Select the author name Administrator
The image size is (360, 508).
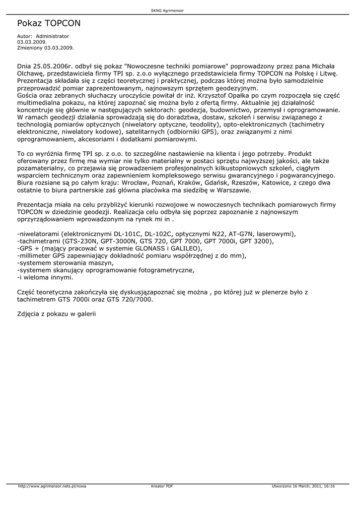tap(53, 36)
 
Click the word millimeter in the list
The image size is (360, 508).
tap(36, 255)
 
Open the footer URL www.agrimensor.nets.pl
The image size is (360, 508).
tap(52, 486)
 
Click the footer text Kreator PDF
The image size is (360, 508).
tap(162, 486)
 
